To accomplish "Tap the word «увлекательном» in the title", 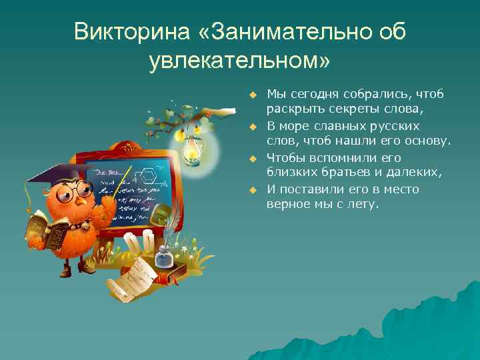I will tap(239, 61).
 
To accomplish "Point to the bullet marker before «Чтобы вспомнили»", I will tap(253, 159).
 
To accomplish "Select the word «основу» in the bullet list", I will tap(427, 141).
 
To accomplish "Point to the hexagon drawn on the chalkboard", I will tap(150, 178).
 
